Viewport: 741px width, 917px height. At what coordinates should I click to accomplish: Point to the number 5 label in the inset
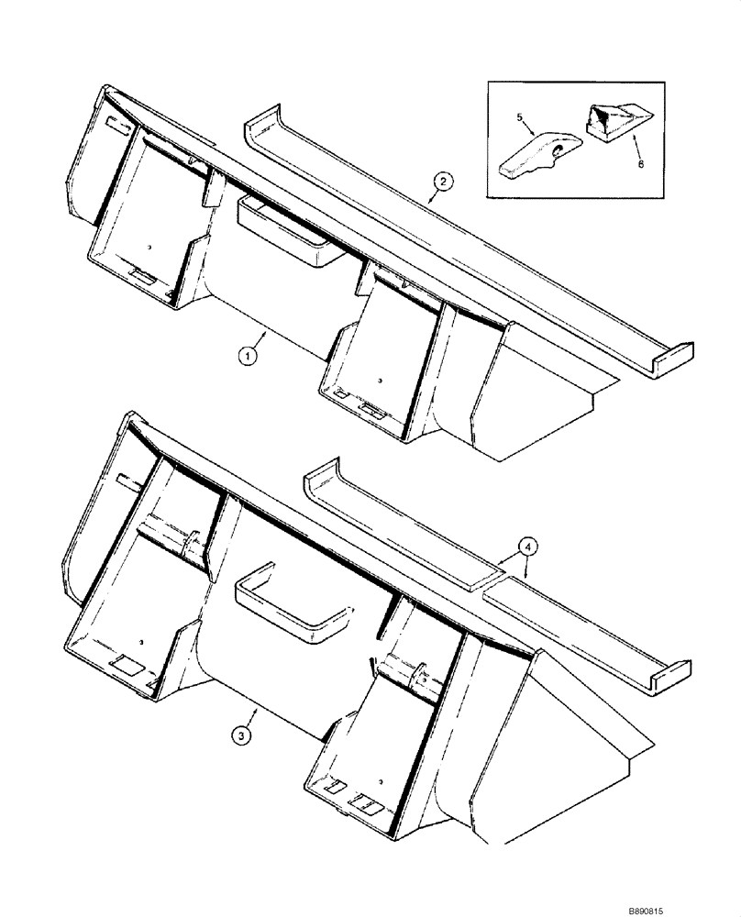pos(519,118)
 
